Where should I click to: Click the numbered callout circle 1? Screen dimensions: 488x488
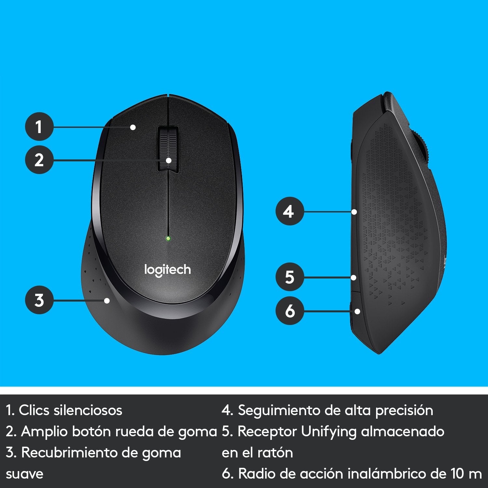[x=39, y=127]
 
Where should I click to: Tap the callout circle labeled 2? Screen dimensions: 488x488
[x=39, y=160]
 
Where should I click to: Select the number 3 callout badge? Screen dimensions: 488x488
[x=39, y=300]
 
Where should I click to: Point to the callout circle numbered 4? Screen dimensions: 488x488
[x=289, y=211]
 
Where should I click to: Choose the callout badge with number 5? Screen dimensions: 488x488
[x=289, y=277]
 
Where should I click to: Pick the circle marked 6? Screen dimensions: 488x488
[x=289, y=311]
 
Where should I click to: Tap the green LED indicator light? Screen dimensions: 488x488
[x=168, y=238]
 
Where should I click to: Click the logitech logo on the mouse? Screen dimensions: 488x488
[x=168, y=270]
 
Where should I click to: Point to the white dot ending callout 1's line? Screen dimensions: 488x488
[x=133, y=127]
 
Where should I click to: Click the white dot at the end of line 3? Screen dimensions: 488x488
[x=107, y=301]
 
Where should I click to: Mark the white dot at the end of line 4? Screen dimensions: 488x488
[x=354, y=212]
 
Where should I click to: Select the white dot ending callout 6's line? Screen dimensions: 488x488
[x=357, y=311]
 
